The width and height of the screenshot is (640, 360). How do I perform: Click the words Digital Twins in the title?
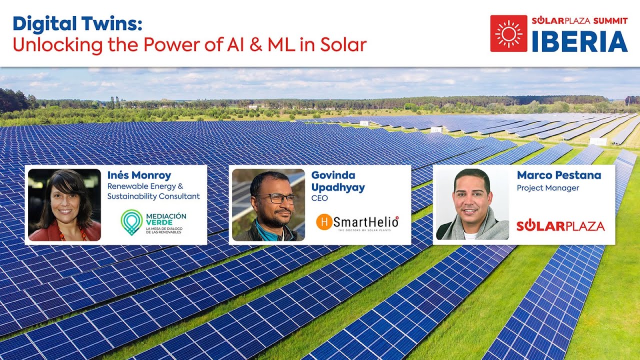click(x=77, y=23)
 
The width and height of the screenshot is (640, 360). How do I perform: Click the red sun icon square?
click(x=508, y=33)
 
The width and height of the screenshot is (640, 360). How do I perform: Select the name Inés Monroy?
click(x=139, y=175)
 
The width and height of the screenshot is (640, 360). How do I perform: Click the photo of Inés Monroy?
click(x=64, y=205)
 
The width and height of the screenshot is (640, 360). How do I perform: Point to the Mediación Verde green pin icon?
click(x=131, y=222)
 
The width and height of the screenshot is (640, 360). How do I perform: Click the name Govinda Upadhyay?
click(x=338, y=181)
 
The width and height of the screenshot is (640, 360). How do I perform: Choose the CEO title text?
click(x=320, y=198)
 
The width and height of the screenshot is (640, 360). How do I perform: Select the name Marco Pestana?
click(x=558, y=175)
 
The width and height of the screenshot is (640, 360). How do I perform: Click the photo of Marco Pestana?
click(x=472, y=205)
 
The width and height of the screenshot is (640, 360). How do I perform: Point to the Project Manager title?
click(x=547, y=188)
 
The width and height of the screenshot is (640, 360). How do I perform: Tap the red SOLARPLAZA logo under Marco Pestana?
click(x=560, y=226)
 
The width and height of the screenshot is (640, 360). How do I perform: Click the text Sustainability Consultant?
click(x=153, y=196)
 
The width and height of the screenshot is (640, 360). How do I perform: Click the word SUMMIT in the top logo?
click(x=610, y=20)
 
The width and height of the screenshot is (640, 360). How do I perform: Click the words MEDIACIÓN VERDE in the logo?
click(x=166, y=219)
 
